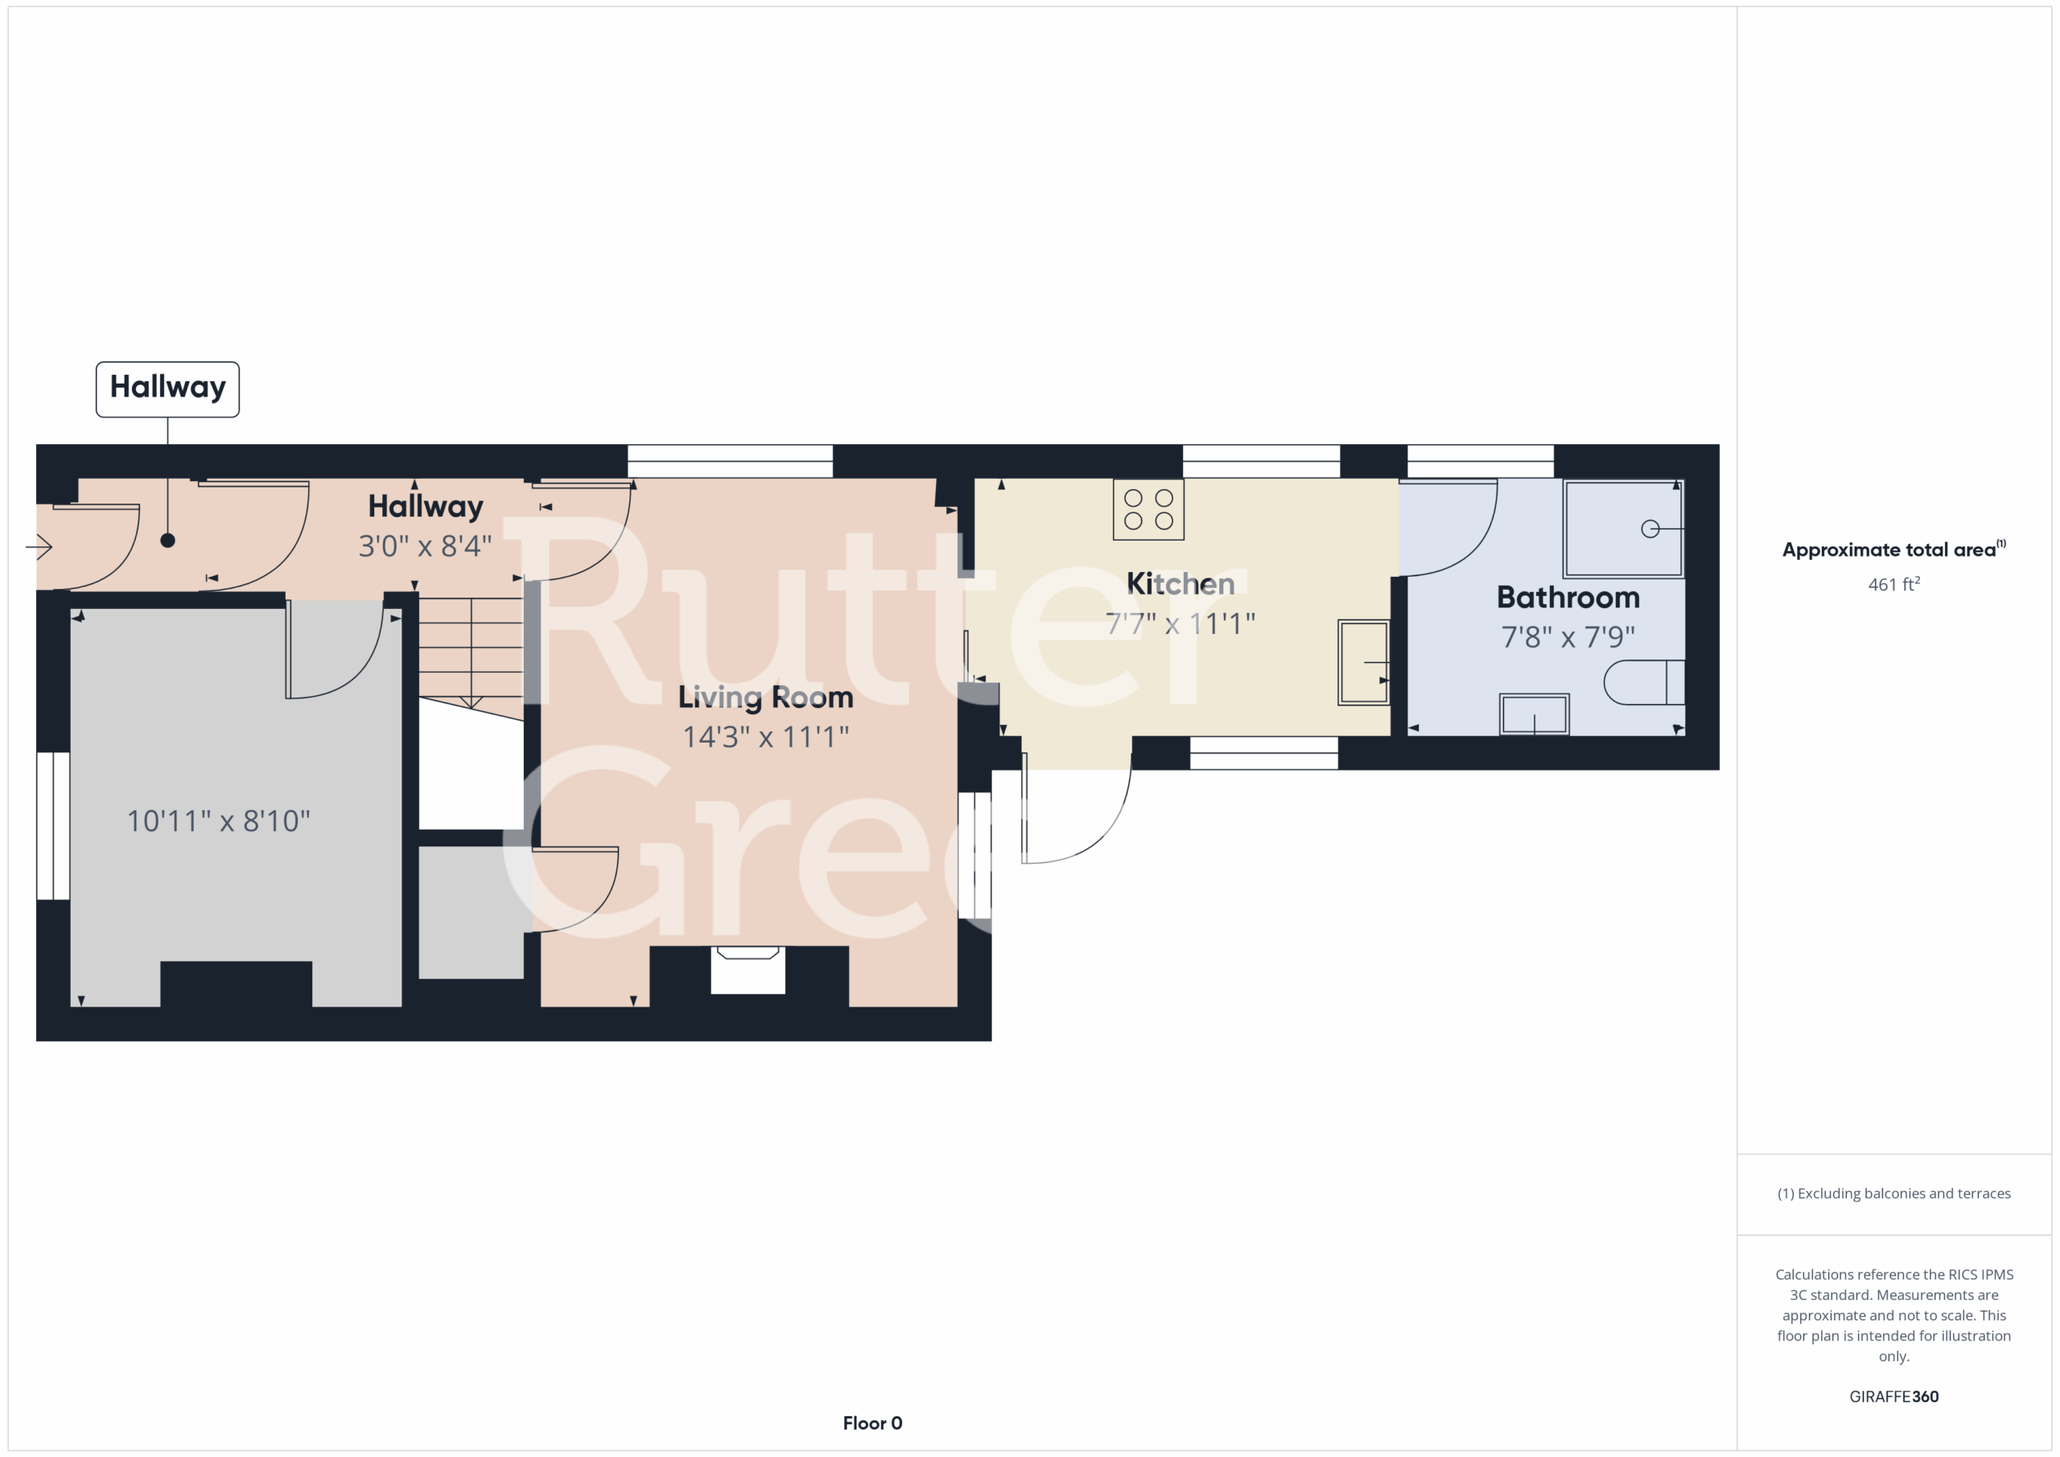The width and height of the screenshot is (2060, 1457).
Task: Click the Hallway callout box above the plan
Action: coord(168,389)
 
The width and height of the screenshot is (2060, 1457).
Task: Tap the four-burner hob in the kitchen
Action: coord(1148,509)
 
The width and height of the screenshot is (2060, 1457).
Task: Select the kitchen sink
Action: coord(1364,662)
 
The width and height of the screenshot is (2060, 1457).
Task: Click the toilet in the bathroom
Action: coord(1644,682)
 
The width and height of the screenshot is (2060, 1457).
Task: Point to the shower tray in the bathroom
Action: coord(1623,529)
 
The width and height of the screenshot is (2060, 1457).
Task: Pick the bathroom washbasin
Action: coord(1535,714)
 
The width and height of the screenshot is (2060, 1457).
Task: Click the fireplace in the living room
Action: coord(748,969)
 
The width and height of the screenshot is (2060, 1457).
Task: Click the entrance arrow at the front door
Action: coord(39,546)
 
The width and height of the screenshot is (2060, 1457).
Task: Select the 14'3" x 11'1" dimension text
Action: coord(765,737)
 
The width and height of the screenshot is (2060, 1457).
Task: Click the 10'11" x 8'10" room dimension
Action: coord(218,821)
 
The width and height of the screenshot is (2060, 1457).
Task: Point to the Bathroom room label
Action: coord(1568,598)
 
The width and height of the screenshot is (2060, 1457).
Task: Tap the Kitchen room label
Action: coord(1180,584)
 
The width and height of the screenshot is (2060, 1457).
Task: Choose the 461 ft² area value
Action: coord(1893,584)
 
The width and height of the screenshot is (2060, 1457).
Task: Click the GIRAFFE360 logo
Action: coord(1893,1396)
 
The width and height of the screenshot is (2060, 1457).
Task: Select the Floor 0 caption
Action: coord(872,1423)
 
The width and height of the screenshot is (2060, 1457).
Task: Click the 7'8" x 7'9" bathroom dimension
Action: coord(1568,637)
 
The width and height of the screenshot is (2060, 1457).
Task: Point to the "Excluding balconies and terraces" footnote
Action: coord(1893,1193)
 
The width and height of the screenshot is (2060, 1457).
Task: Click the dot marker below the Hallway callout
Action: coord(168,540)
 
